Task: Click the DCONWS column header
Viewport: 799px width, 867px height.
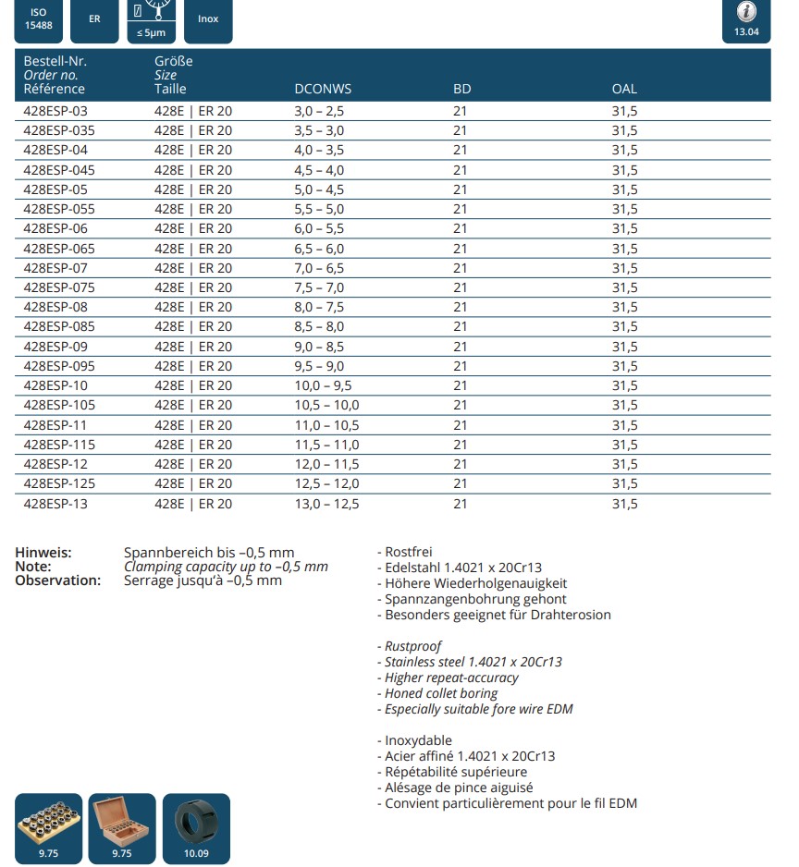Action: [323, 90]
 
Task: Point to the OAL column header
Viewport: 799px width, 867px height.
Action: [624, 90]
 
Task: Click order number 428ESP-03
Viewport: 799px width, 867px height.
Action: [55, 111]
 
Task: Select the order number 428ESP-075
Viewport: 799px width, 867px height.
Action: [59, 287]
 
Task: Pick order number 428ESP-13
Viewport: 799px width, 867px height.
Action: [55, 504]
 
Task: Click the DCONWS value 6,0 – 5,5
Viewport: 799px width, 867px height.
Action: [319, 228]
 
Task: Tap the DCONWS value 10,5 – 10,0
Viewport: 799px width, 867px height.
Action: [326, 405]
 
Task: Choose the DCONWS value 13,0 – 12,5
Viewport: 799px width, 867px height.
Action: [326, 504]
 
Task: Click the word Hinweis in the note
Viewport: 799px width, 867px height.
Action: [43, 553]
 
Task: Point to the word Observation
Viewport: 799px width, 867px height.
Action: [57, 580]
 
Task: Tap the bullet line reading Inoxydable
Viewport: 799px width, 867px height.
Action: [415, 740]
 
